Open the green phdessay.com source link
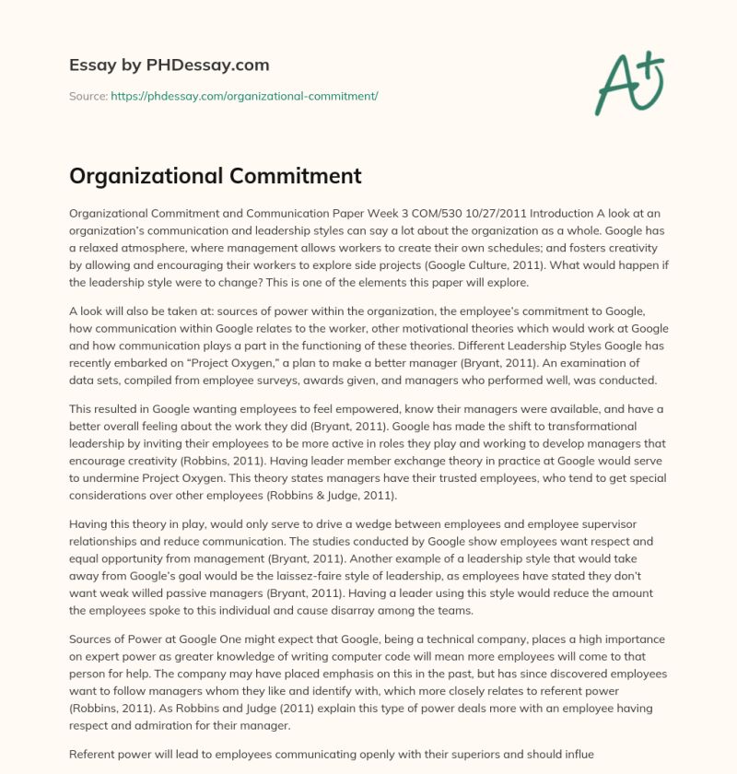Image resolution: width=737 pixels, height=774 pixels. point(244,96)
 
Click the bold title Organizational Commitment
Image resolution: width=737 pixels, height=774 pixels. point(216,176)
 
